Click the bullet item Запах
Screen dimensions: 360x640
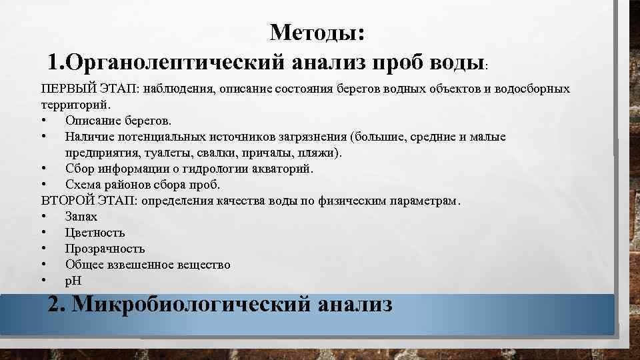(81, 217)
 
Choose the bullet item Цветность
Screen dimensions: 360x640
(95, 233)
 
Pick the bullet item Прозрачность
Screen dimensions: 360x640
(105, 249)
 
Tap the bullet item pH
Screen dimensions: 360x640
(73, 281)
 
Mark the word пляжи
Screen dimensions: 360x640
(320, 153)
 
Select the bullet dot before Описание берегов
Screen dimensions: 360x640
(43, 121)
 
